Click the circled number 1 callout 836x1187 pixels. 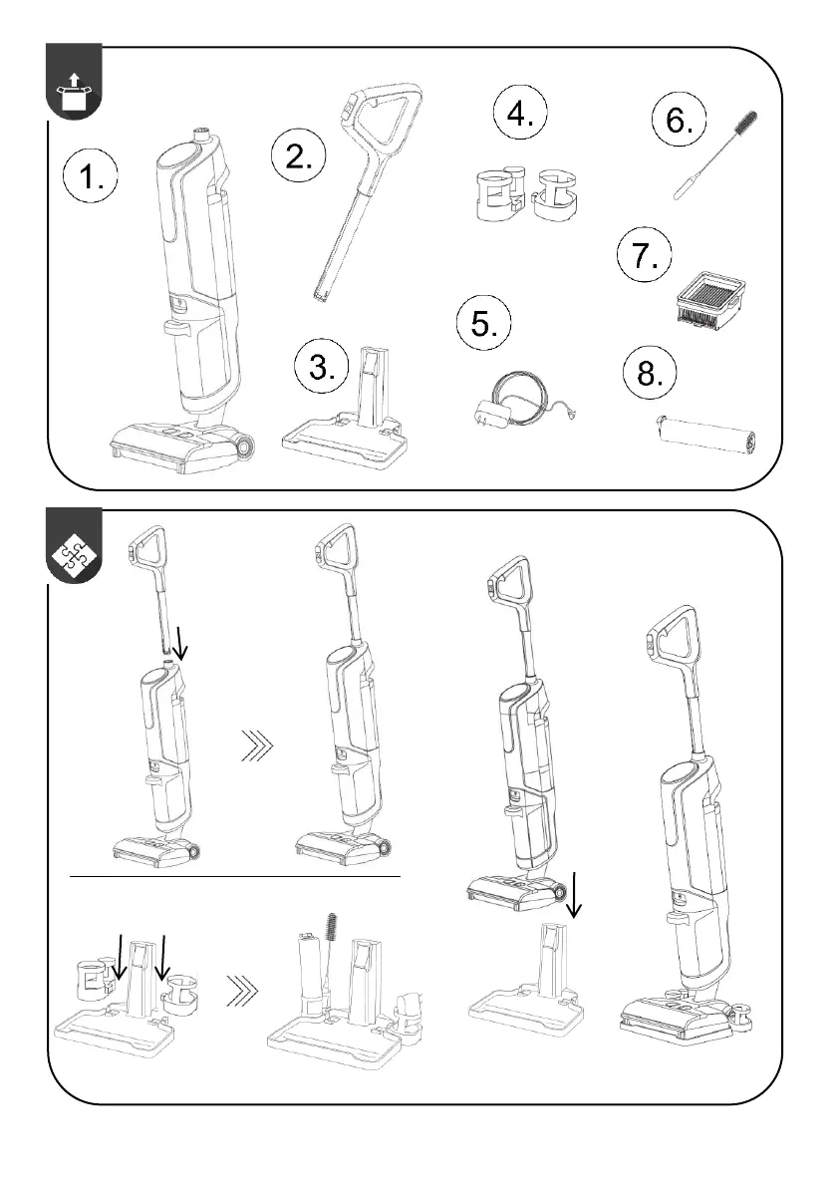point(90,177)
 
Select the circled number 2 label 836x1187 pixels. point(298,155)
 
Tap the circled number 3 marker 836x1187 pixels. point(322,367)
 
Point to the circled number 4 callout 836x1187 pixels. point(520,113)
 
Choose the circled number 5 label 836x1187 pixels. point(483,323)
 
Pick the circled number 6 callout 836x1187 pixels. point(679,119)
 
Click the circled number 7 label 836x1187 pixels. point(644,254)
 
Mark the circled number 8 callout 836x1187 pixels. point(649,372)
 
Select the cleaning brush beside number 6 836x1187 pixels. point(715,155)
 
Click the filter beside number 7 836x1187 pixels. point(709,301)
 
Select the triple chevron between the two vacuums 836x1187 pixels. point(257,745)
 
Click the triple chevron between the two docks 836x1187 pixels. point(242,991)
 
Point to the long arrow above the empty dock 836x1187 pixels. point(574,895)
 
